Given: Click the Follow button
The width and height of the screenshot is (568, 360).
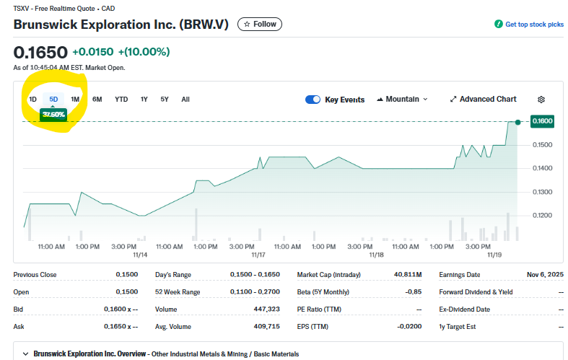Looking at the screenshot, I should coord(260,24).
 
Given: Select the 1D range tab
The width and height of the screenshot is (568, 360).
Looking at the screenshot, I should coord(32,99).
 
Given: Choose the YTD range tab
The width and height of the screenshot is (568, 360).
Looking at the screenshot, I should coord(121,99).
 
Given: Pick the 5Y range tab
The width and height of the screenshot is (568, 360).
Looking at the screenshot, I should coord(165,99).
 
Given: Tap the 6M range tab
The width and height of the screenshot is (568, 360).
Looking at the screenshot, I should coord(97,99).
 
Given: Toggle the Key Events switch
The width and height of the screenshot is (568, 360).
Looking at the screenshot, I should coord(313,100).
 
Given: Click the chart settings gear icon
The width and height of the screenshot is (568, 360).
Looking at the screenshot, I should coord(541,100).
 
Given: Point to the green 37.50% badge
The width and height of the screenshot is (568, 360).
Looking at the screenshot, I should coord(53,114).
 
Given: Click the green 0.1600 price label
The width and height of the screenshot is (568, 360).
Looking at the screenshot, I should coord(542,121).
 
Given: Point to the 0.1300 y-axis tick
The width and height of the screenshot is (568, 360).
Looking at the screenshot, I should coord(542,192).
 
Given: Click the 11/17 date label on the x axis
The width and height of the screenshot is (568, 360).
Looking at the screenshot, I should coord(258,255).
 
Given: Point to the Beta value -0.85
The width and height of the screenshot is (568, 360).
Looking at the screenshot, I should coord(411,291).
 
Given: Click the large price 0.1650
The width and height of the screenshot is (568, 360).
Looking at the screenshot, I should coord(40,52).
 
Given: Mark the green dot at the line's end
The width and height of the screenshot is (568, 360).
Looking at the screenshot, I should coord(517,122).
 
